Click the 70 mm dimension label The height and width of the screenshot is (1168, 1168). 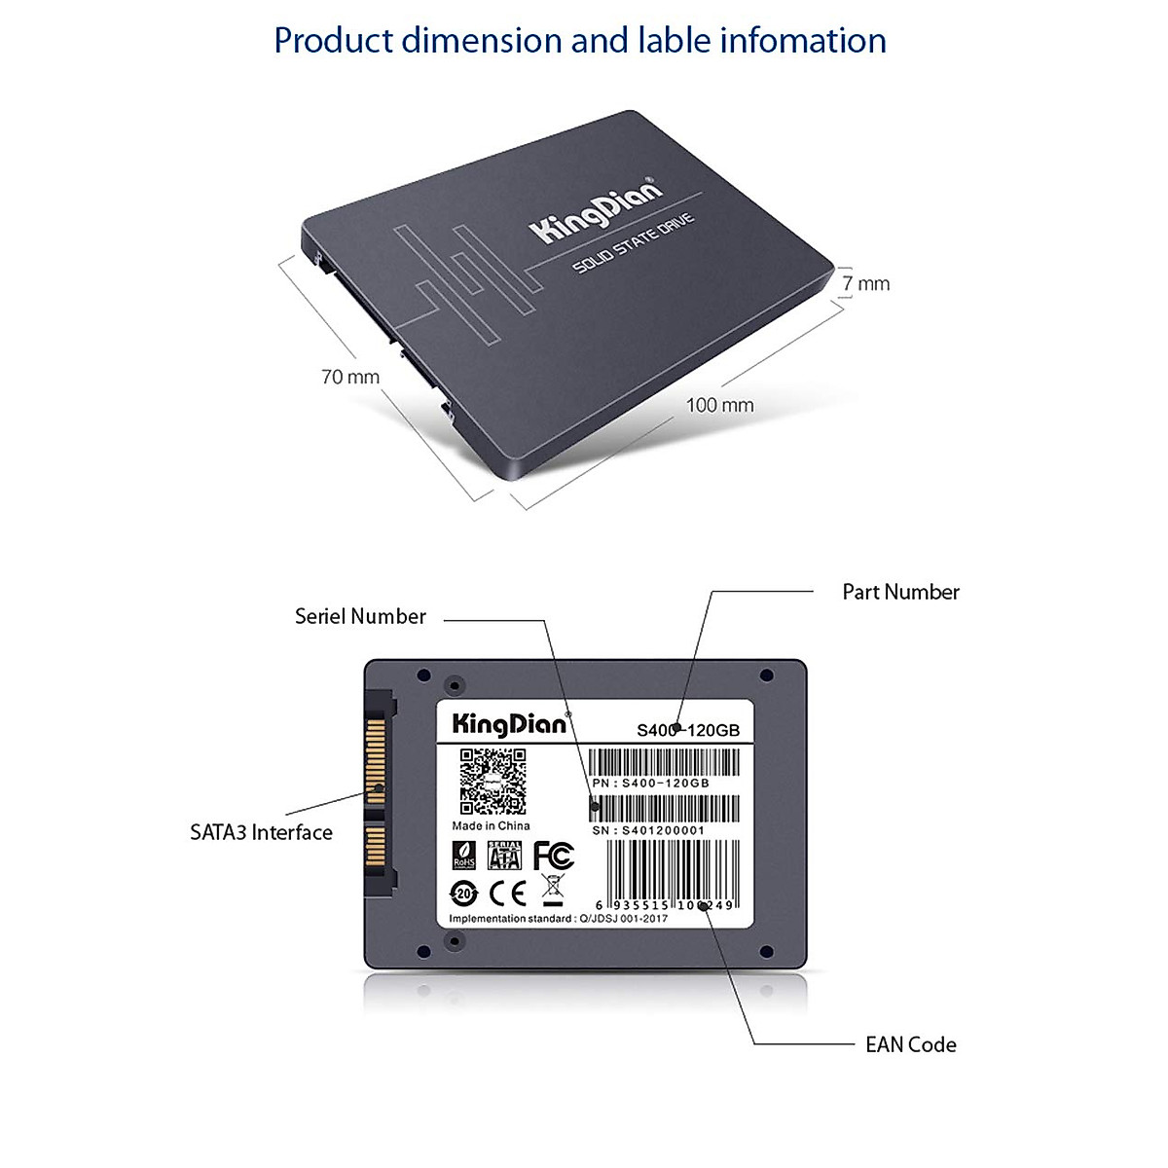350,377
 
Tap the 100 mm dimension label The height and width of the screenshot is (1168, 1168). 719,405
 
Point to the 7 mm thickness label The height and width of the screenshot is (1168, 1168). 865,283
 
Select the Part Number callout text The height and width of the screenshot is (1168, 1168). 900,592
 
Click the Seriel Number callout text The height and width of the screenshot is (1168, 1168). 360,616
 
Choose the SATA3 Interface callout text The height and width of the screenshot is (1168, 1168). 261,832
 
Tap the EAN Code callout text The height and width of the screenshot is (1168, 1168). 910,1044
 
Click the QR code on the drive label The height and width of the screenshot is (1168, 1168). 493,781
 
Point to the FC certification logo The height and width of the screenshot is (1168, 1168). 553,856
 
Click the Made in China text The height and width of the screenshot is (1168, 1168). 491,825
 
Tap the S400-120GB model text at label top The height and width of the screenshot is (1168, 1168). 688,730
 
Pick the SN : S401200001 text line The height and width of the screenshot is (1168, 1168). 648,830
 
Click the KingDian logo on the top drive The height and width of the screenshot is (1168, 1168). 595,211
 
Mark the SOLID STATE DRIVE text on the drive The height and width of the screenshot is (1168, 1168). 633,243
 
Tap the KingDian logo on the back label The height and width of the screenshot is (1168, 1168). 509,724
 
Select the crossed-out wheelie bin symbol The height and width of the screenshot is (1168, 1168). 552,891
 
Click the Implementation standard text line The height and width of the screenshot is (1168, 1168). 558,918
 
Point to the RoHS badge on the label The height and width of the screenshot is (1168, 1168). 464,856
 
